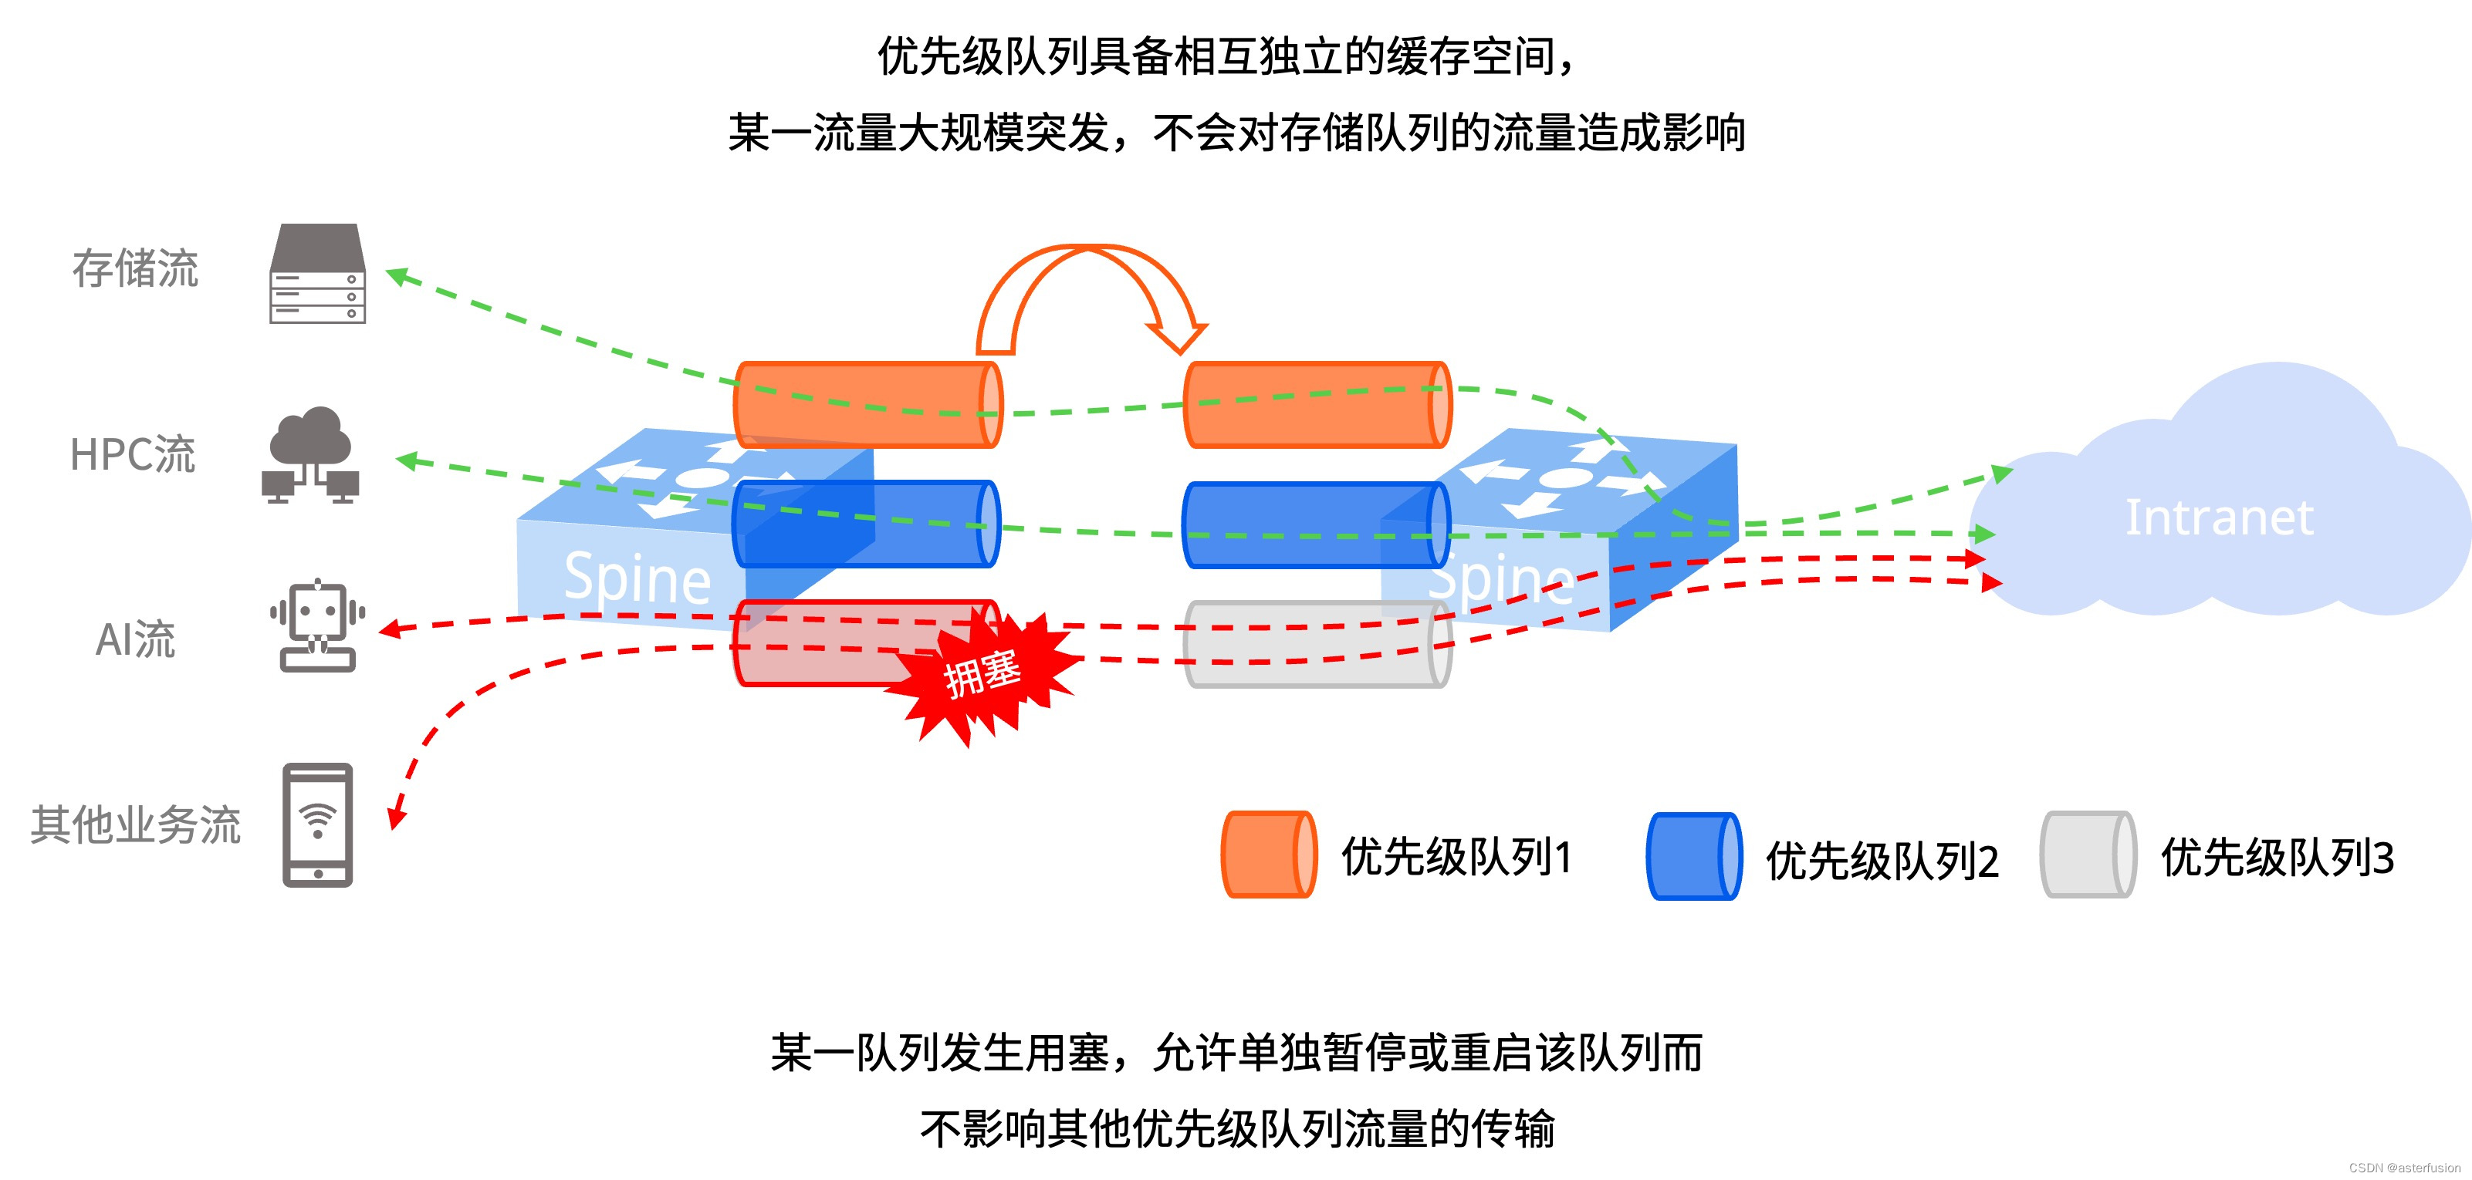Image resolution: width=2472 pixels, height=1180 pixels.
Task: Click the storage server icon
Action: [x=316, y=274]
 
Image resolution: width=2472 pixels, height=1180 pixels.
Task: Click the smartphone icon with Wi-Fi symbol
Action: [x=318, y=825]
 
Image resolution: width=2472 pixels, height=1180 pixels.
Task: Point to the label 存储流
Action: [x=135, y=268]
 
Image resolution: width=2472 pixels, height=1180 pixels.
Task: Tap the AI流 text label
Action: [x=135, y=639]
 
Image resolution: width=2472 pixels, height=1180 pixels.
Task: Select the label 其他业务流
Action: [x=135, y=825]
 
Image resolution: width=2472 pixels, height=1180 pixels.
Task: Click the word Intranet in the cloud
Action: [x=2219, y=518]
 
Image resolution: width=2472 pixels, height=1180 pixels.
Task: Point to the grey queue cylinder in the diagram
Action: [x=1317, y=645]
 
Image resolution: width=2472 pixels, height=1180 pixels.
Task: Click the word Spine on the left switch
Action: [x=637, y=578]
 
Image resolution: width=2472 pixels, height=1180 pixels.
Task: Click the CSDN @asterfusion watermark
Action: [x=2405, y=1168]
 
